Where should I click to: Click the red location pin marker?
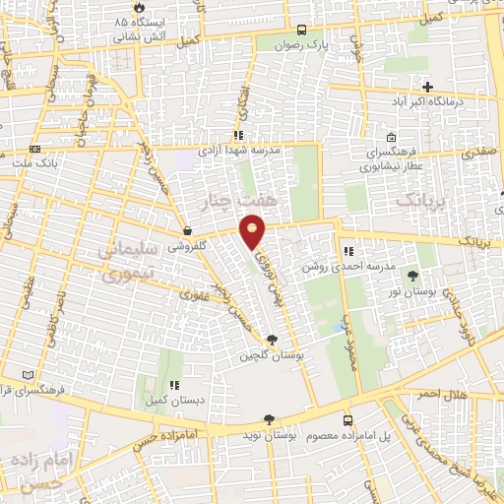click(254, 232)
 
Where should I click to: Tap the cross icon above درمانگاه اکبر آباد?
click(427, 87)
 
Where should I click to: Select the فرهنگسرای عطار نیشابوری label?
click(393, 159)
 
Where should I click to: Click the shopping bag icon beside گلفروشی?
click(187, 233)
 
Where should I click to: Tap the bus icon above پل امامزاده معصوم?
click(347, 419)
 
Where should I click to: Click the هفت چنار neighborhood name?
click(253, 202)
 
